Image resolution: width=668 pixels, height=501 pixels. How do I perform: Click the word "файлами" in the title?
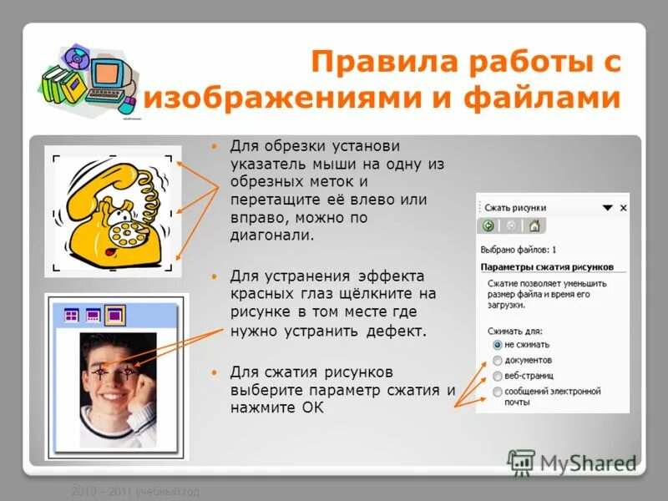click(554, 99)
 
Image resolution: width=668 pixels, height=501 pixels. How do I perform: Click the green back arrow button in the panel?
click(488, 225)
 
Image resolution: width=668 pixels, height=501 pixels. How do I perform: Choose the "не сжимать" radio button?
click(498, 344)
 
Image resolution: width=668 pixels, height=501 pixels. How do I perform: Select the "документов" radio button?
click(498, 360)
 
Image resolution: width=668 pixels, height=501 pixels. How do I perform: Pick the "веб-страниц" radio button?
click(498, 376)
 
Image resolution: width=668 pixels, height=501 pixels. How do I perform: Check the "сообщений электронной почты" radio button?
click(498, 391)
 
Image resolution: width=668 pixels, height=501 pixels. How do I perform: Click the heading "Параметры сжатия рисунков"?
click(547, 266)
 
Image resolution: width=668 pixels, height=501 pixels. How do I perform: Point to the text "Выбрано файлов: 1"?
click(519, 249)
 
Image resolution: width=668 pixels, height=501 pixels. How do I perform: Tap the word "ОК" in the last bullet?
click(312, 408)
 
